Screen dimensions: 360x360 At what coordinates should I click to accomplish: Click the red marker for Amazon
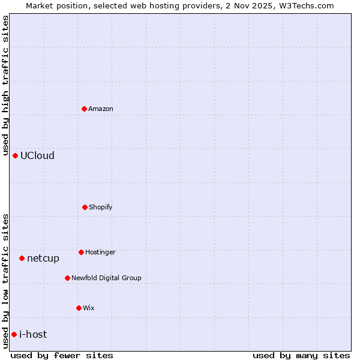[x=84, y=109]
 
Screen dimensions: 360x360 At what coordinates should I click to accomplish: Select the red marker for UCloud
[x=15, y=155]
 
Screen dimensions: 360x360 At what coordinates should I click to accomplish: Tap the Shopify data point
[x=85, y=207]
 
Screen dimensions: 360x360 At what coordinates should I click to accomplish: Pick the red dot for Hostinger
[x=81, y=252]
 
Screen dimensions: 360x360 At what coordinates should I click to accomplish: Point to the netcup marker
[x=22, y=258]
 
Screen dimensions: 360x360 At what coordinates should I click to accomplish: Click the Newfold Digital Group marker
[x=67, y=278]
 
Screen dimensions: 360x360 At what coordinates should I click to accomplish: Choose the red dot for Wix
[x=79, y=308]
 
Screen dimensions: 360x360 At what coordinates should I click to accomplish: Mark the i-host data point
[x=14, y=334]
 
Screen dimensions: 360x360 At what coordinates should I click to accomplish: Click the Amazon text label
[x=101, y=109]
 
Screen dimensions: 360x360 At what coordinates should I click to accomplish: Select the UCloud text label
[x=37, y=155]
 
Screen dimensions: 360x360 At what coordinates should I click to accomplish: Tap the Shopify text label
[x=100, y=207]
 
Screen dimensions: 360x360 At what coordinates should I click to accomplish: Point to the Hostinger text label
[x=100, y=252]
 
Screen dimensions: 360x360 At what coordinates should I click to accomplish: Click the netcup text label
[x=43, y=259]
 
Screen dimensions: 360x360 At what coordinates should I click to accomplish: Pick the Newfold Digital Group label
[x=106, y=278]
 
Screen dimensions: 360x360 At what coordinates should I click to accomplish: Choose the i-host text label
[x=33, y=334]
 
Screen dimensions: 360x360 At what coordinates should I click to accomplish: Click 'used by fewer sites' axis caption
[x=62, y=355]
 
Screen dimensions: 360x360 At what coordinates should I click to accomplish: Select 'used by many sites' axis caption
[x=301, y=355]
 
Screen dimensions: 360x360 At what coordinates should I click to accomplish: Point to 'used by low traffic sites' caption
[x=5, y=281]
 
